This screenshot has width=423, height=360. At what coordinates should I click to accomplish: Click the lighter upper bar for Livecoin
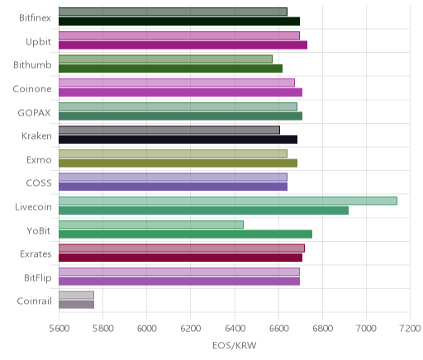click(x=228, y=201)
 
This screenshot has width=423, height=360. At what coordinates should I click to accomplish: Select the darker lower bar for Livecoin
click(x=203, y=211)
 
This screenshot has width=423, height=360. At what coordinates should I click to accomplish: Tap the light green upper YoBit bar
click(x=151, y=225)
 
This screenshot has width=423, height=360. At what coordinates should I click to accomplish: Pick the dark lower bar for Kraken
click(x=178, y=140)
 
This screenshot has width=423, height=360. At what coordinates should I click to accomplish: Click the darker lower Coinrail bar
click(x=76, y=305)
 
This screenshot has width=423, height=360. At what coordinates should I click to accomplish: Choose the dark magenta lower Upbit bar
click(x=183, y=45)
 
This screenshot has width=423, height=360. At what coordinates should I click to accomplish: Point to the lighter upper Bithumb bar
click(x=165, y=59)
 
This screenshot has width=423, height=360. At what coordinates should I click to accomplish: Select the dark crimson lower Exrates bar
click(x=180, y=258)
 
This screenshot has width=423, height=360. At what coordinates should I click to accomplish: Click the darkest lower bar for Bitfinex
click(x=179, y=21)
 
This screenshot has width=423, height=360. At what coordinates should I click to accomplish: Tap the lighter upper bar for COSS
click(x=173, y=178)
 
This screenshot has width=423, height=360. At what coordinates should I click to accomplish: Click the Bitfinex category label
click(x=35, y=18)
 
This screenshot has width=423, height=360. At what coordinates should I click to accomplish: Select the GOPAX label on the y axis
click(x=34, y=113)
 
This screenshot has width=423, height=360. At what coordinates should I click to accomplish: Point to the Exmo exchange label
click(x=39, y=160)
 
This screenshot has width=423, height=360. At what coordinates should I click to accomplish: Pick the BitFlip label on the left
click(x=38, y=277)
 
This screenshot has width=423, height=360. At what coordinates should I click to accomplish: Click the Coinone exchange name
click(x=32, y=89)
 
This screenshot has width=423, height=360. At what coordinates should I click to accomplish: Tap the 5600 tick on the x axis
click(x=59, y=329)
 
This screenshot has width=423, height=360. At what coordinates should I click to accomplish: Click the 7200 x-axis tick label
click(x=410, y=329)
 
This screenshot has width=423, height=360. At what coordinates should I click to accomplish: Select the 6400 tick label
click(x=235, y=329)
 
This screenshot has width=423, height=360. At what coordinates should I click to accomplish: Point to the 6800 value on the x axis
click(x=322, y=329)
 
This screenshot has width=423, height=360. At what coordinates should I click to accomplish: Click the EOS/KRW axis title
click(x=235, y=345)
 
